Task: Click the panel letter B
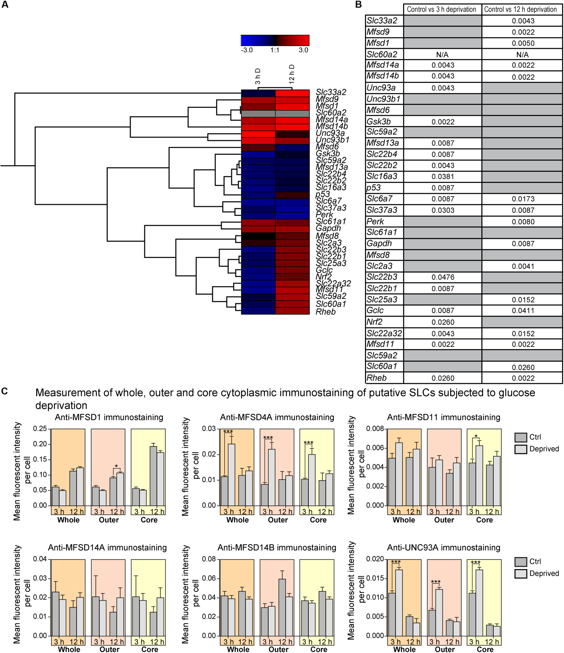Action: (x=358, y=4)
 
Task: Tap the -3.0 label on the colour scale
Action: (x=247, y=50)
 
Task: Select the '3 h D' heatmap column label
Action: (x=258, y=76)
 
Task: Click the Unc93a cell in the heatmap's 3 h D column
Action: (x=258, y=134)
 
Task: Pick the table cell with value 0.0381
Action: (x=443, y=177)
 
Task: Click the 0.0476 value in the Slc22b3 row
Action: (x=443, y=277)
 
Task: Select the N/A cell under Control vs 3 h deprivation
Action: (x=442, y=55)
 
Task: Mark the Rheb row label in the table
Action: (x=376, y=378)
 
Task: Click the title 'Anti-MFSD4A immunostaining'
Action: (x=277, y=417)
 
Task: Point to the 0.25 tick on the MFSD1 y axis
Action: (x=40, y=429)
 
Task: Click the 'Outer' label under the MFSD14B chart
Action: (x=278, y=649)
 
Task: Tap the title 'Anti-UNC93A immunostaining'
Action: (x=444, y=547)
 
